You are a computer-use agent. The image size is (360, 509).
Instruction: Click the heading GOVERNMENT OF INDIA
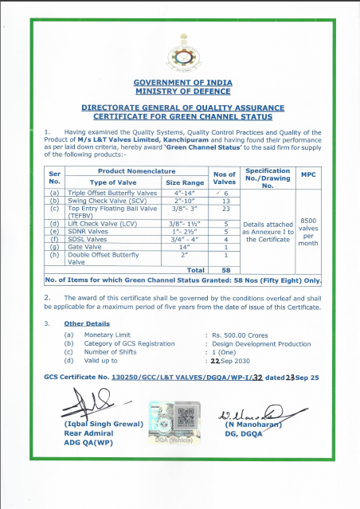pos(179,83)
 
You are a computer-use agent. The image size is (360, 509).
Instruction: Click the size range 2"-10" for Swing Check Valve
pos(184,201)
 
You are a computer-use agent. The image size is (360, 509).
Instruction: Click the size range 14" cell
pos(184,246)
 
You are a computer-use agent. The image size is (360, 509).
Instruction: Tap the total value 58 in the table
pos(227,270)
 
